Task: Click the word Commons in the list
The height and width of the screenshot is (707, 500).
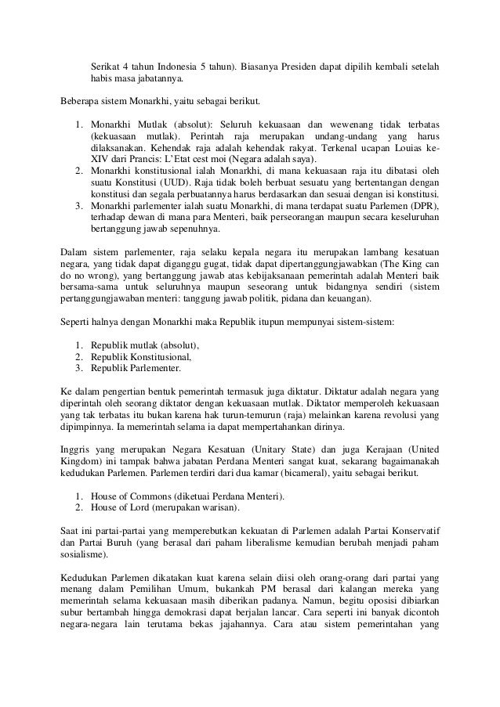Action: pyautogui.click(x=150, y=496)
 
